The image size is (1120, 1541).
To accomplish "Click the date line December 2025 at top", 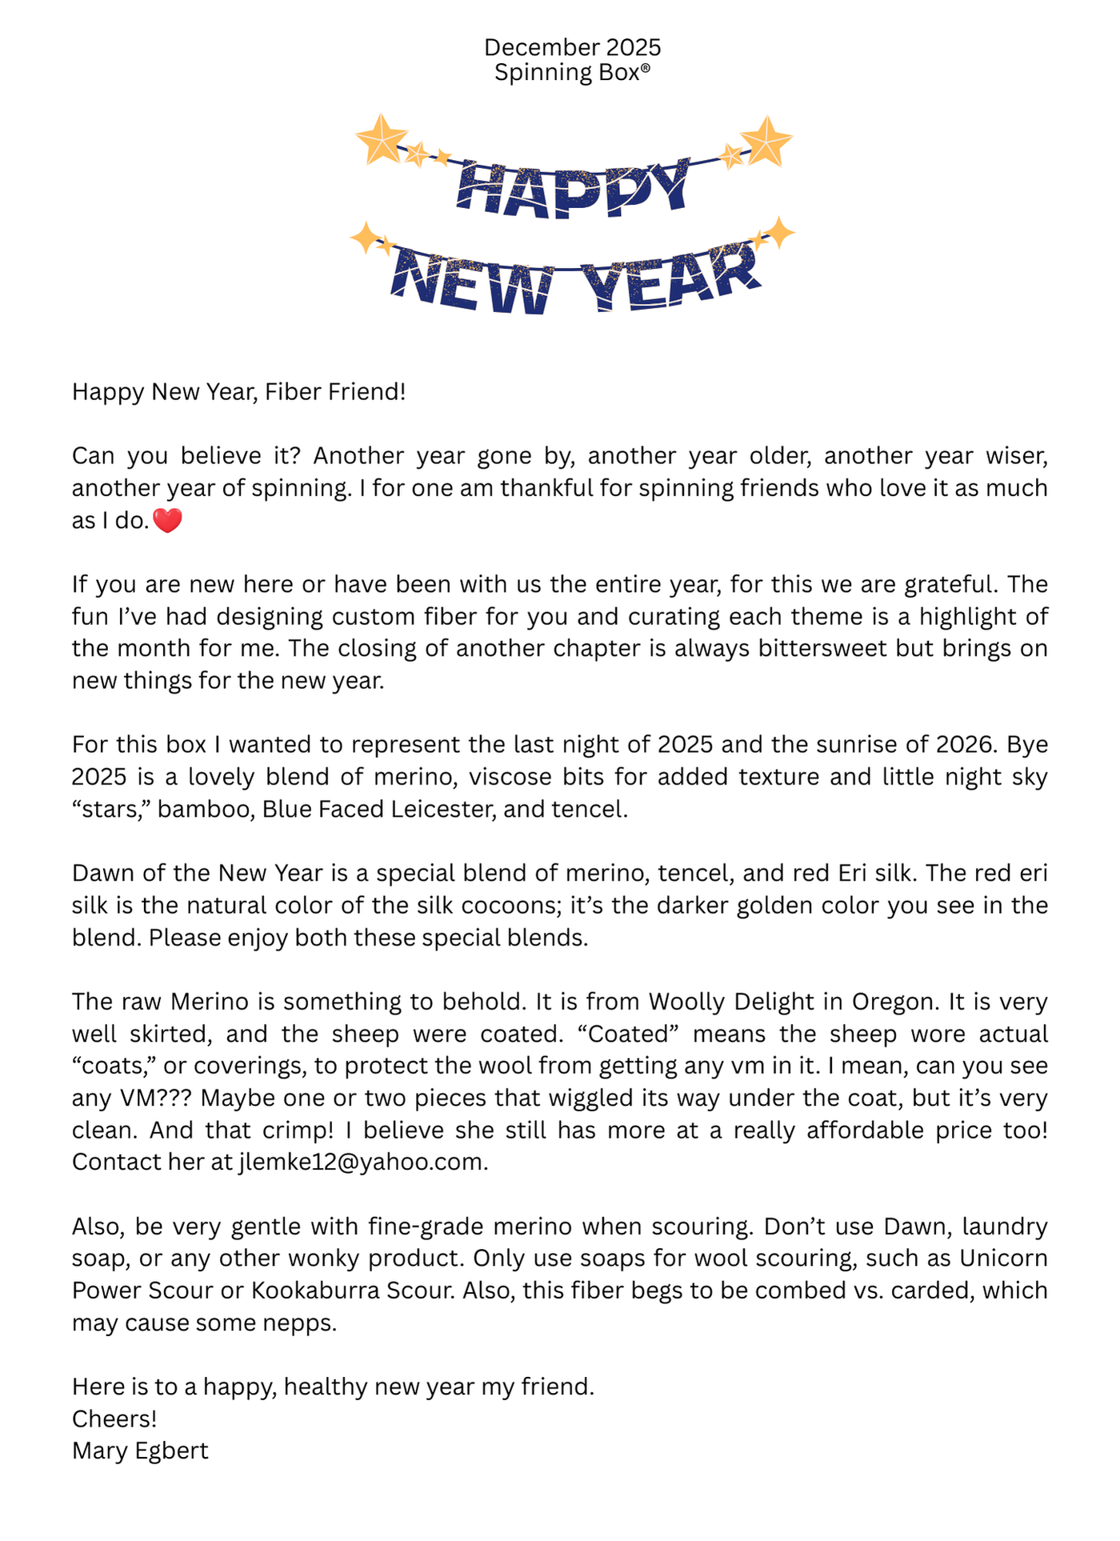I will click(572, 48).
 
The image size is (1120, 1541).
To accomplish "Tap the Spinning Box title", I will click(572, 73).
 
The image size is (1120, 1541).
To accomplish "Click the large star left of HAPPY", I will click(382, 140).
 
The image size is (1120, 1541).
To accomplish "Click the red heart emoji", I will click(167, 521).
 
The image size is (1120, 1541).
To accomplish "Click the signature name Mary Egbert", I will click(140, 1451).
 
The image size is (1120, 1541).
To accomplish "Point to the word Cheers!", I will click(114, 1419).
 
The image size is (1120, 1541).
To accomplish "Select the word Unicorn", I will click(1003, 1259).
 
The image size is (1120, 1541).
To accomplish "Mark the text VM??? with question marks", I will click(157, 1098).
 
